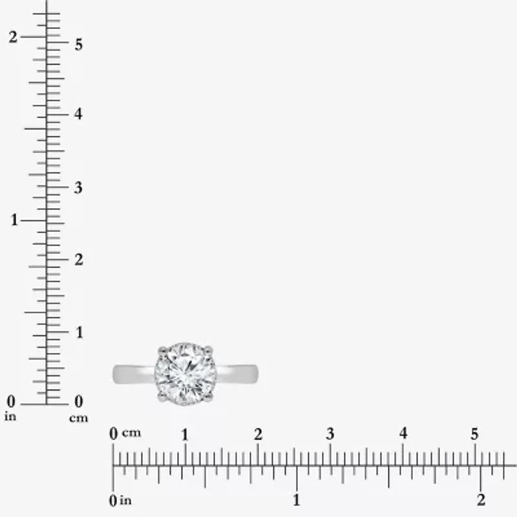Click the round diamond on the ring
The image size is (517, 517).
[185, 375]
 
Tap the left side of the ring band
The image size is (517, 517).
[132, 374]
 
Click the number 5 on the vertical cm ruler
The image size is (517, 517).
[79, 45]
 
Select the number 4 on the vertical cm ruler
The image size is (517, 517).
[79, 114]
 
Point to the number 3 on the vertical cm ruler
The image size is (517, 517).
[79, 188]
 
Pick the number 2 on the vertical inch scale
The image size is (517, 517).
[12, 37]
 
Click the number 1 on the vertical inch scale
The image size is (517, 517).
[14, 220]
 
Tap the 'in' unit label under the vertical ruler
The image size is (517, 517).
[10, 417]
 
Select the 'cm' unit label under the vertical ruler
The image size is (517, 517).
[78, 418]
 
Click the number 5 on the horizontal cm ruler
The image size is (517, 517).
[474, 434]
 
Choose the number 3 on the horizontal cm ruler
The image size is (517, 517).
[330, 434]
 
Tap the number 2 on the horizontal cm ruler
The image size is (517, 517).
[258, 434]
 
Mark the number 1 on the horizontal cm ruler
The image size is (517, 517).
[185, 434]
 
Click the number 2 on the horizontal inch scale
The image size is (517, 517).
[480, 500]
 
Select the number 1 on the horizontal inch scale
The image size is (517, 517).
[297, 500]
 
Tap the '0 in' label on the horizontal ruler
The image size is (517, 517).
[121, 500]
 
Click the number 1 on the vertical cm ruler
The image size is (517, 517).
[79, 332]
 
